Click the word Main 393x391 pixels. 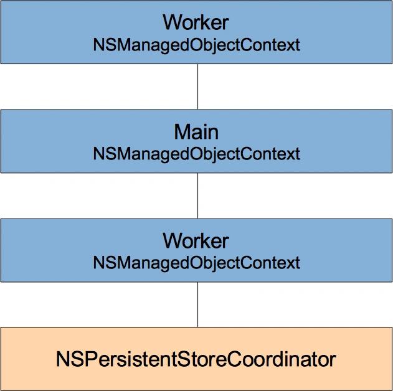(196, 132)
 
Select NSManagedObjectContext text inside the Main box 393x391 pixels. (197, 154)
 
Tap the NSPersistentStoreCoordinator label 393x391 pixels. (196, 359)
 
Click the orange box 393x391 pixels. (197, 359)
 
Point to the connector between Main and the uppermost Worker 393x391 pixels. (198, 87)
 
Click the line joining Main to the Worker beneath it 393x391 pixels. (198, 196)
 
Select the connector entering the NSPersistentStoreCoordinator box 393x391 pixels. (198, 304)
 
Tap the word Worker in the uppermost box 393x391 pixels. (196, 22)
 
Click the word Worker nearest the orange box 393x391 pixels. (196, 241)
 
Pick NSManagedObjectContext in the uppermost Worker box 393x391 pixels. (197, 45)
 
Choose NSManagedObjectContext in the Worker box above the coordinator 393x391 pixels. (197, 263)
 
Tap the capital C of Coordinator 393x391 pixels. (234, 359)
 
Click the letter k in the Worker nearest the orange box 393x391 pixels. (210, 241)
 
